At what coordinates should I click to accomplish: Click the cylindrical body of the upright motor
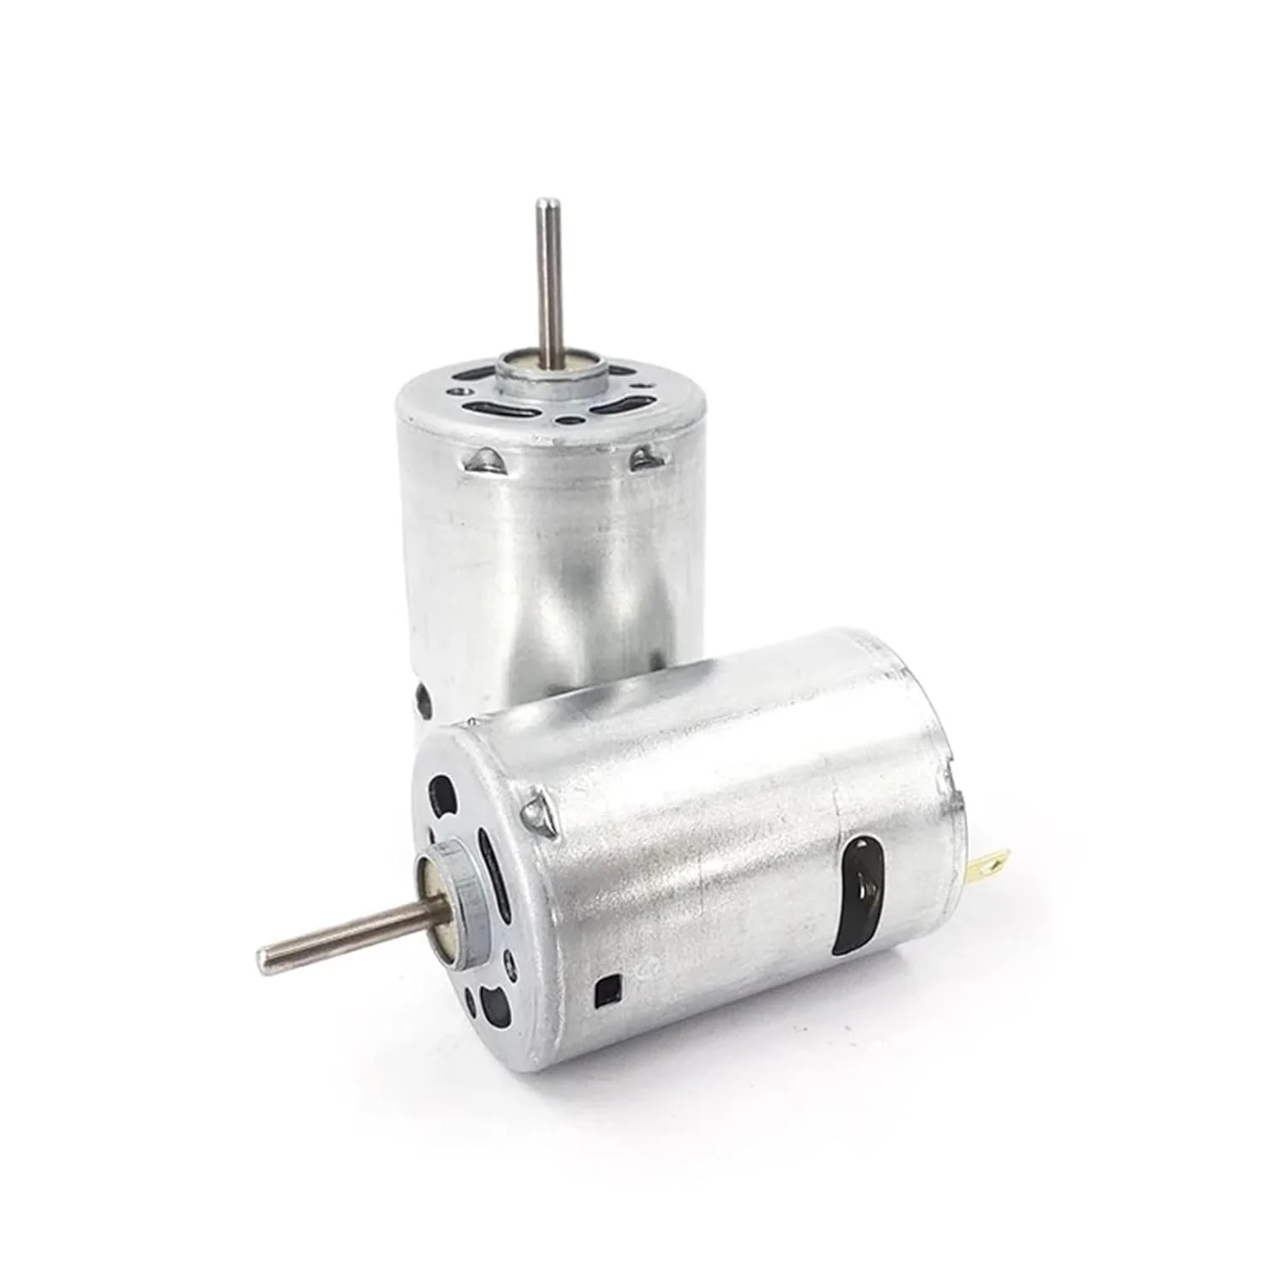548,573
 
